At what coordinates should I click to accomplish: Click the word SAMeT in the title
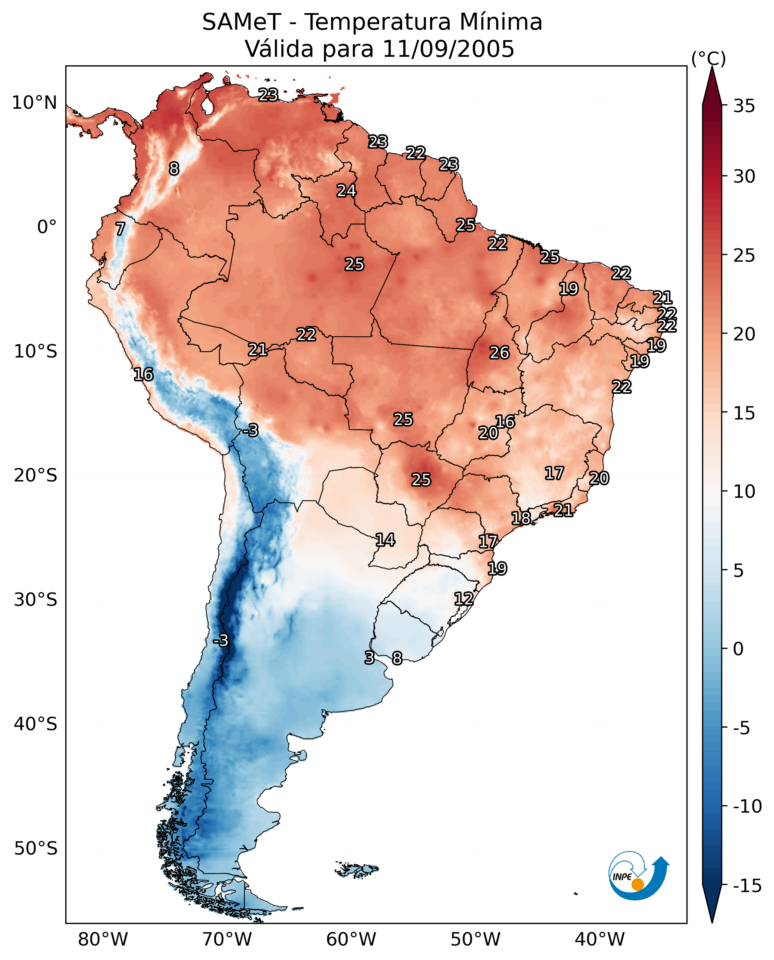tap(241, 22)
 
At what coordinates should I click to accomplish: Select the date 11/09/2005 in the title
tap(448, 49)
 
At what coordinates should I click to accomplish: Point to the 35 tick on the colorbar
tap(744, 106)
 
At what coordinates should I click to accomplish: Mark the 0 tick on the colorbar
tap(738, 649)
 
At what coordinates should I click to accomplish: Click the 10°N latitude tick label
tap(35, 103)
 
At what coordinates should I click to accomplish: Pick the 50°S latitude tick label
tap(36, 849)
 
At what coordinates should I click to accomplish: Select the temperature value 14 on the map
tap(385, 540)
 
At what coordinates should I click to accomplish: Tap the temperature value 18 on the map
tap(521, 518)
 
